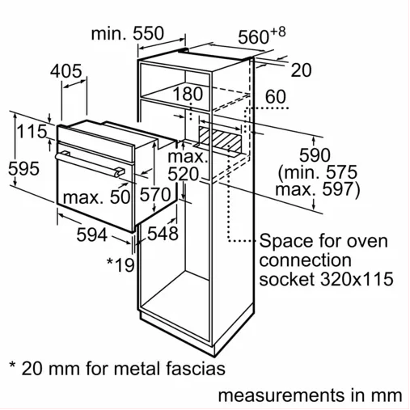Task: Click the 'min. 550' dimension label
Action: click(x=128, y=33)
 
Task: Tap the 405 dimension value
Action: click(x=66, y=71)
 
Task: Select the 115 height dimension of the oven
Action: click(x=32, y=131)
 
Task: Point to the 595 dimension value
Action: click(x=23, y=169)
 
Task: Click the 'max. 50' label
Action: click(x=97, y=197)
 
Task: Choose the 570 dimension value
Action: click(x=155, y=194)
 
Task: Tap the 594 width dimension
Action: click(x=92, y=235)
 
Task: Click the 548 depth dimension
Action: click(x=163, y=234)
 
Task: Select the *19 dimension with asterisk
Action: click(x=120, y=264)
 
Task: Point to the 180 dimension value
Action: click(x=188, y=94)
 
